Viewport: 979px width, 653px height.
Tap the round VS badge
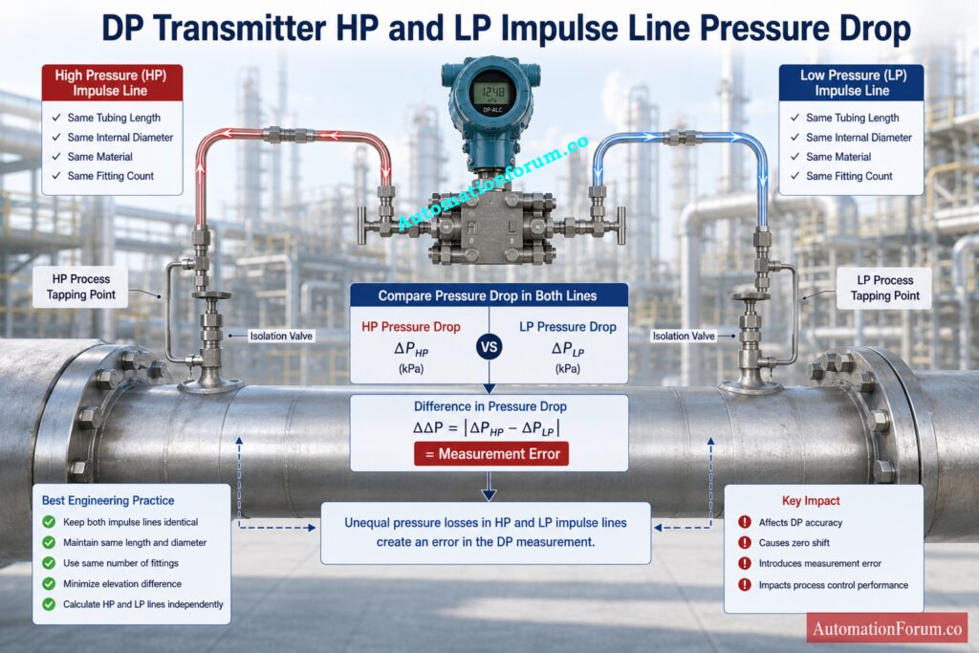489,347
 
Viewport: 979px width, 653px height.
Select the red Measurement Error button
491,454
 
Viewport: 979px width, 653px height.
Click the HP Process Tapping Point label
81,287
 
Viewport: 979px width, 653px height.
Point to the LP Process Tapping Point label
884,288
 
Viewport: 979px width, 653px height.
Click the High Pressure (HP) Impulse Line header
112,82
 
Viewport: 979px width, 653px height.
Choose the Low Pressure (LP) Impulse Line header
852,82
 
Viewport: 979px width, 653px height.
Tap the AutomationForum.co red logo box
886,628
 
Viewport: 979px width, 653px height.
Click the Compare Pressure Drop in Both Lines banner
489,295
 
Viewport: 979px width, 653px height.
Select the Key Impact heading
811,501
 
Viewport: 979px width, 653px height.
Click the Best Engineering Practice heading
108,500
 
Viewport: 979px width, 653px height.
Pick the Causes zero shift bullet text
794,542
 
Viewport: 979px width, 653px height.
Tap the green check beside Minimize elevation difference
49,584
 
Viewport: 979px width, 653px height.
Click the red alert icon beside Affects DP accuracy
744,522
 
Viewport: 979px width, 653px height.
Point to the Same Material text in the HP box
99,157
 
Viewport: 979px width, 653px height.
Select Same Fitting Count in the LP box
849,176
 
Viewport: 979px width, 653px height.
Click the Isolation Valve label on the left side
281,336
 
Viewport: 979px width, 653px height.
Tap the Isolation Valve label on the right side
683,336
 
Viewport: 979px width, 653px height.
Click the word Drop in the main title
872,30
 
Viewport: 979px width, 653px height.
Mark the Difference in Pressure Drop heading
490,406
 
